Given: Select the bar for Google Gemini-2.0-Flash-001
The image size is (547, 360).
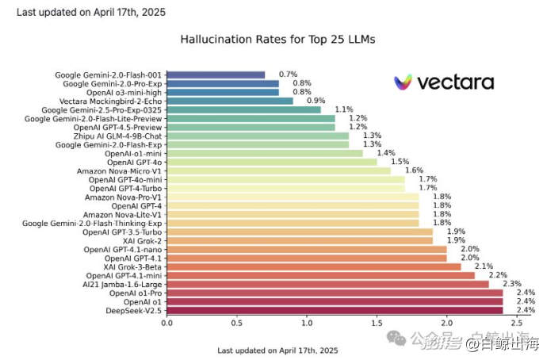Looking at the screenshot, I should coord(216,75).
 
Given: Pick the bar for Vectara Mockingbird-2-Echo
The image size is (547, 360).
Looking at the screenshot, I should coord(230,101).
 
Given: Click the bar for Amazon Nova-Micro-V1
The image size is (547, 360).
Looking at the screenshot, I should coord(278,170).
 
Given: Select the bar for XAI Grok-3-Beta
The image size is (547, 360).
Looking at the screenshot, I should coord(313,266).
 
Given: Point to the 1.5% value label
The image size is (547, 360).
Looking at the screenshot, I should coord(400,162).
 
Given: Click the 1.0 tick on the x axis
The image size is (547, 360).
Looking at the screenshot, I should coord(307,323).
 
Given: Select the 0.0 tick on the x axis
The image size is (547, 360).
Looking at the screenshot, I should coord(166,323).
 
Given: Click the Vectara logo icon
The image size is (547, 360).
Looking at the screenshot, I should coord(404,82).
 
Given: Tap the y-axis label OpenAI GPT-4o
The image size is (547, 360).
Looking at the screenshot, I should coord(136,162).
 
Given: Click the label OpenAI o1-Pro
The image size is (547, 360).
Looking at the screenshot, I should coord(134,293).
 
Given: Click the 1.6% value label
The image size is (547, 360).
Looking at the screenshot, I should coord(414,170).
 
